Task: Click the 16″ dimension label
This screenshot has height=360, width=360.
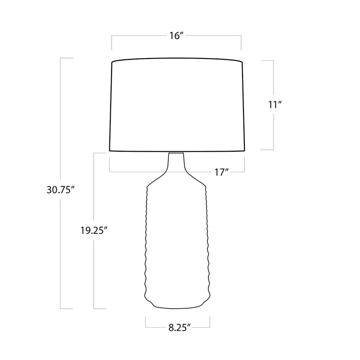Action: click(176, 36)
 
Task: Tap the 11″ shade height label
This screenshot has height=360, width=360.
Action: click(275, 105)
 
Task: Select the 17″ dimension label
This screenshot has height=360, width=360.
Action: click(222, 172)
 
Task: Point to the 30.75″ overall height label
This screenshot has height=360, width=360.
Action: click(61, 190)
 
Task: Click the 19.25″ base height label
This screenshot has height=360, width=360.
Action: click(94, 230)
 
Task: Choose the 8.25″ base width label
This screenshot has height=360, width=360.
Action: click(180, 328)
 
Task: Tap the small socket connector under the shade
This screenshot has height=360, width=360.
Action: click(176, 152)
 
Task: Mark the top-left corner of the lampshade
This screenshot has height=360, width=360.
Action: click(112, 62)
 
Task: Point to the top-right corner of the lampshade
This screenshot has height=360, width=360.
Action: click(243, 62)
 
